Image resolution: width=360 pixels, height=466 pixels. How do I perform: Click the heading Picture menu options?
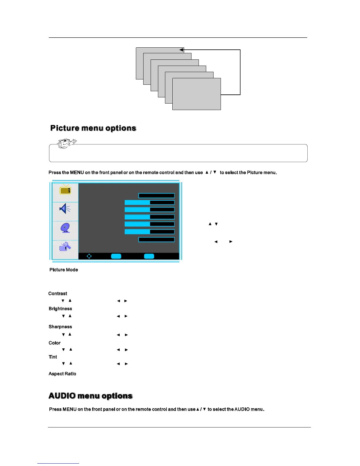93,128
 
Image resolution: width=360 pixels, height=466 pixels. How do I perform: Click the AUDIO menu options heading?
91,396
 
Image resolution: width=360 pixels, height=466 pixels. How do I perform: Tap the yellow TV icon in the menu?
65,190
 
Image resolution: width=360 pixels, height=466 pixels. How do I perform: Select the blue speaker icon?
65,209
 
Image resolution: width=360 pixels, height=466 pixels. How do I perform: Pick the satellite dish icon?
65,228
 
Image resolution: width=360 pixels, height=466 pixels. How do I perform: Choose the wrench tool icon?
65,247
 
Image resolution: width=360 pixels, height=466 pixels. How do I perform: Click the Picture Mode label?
64,270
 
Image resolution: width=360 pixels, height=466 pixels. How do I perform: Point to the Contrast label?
58,294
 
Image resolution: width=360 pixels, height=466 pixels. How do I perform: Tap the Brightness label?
60,309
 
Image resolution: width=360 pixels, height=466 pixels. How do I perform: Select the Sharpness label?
60,327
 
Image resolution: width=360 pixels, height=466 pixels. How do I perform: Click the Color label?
55,343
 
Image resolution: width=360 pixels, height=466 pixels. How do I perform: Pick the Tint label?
53,357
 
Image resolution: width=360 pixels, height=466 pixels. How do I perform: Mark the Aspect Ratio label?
62,374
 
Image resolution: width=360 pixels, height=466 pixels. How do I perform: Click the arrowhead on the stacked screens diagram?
181,50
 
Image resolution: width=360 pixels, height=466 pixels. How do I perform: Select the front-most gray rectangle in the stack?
196,94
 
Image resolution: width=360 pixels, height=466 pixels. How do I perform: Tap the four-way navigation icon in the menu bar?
89,256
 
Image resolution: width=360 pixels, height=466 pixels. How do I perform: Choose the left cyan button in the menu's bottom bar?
116,256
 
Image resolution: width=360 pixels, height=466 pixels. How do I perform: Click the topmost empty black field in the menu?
156,196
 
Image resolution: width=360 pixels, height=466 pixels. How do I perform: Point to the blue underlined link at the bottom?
58,463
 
